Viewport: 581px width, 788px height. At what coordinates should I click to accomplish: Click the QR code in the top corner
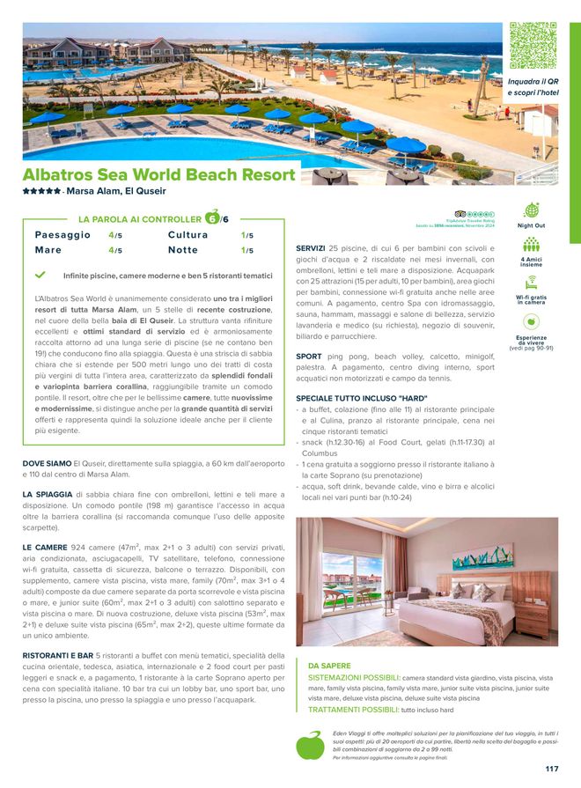533,46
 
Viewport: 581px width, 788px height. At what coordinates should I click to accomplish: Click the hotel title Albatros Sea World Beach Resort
158,174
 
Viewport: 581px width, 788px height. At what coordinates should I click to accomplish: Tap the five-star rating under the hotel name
41,191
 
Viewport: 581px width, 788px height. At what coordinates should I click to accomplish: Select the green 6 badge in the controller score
211,218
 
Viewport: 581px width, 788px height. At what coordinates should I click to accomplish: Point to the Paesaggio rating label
63,236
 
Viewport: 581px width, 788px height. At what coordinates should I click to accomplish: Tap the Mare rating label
48,251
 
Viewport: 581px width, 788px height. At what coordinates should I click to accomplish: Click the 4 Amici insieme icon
531,247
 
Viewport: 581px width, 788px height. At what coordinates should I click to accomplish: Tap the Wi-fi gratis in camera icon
531,284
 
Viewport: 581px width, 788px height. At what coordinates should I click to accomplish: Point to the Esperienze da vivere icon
531,322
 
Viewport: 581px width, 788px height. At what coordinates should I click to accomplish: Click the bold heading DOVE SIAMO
48,463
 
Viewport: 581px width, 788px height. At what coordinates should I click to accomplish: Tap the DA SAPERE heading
329,666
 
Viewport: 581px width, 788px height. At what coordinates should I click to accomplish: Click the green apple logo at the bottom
310,745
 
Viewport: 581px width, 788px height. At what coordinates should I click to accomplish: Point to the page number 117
551,769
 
